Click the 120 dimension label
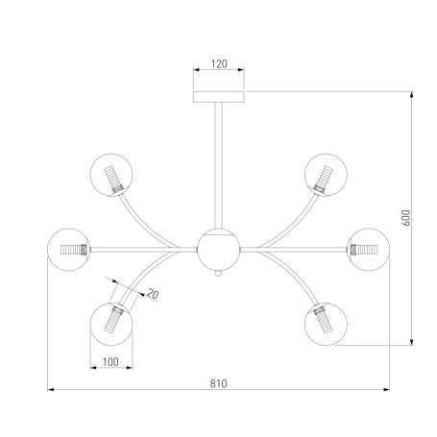[219, 64]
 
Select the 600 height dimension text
[406, 218]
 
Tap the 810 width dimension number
[218, 383]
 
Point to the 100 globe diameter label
[110, 362]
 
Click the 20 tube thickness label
[153, 294]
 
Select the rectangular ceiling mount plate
[219, 97]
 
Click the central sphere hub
[219, 250]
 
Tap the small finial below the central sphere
[219, 274]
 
